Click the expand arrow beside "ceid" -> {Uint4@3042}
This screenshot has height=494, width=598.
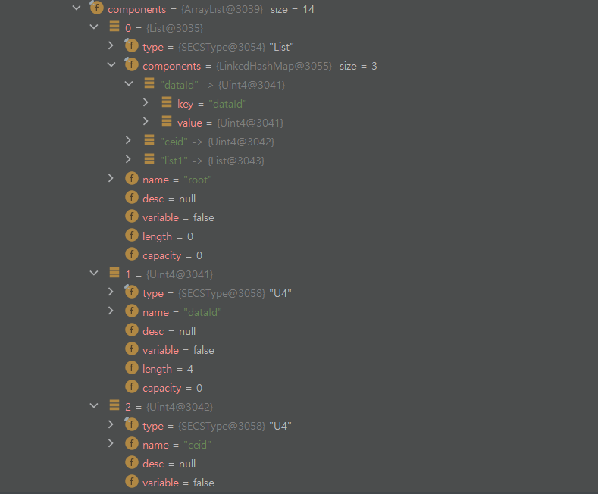pyautogui.click(x=129, y=141)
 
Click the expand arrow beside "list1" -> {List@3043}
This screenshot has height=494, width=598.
pyautogui.click(x=129, y=160)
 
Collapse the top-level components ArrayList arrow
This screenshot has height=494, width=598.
pyautogui.click(x=76, y=8)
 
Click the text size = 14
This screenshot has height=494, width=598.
pyautogui.click(x=292, y=9)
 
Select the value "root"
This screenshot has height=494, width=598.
pyautogui.click(x=198, y=180)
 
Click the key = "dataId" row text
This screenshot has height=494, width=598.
pyautogui.click(x=212, y=104)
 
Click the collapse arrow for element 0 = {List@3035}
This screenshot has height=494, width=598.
pyautogui.click(x=94, y=27)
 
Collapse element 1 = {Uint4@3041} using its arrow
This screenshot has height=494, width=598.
pyautogui.click(x=94, y=274)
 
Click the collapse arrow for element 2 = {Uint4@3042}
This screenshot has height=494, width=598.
pyautogui.click(x=94, y=406)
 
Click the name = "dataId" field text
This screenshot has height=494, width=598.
pyautogui.click(x=182, y=312)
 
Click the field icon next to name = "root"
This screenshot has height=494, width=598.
pyautogui.click(x=131, y=180)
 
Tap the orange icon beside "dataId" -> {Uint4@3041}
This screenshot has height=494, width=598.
pyautogui.click(x=149, y=84)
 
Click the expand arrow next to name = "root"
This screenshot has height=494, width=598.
pyautogui.click(x=111, y=179)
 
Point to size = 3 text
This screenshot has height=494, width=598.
pyautogui.click(x=358, y=66)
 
